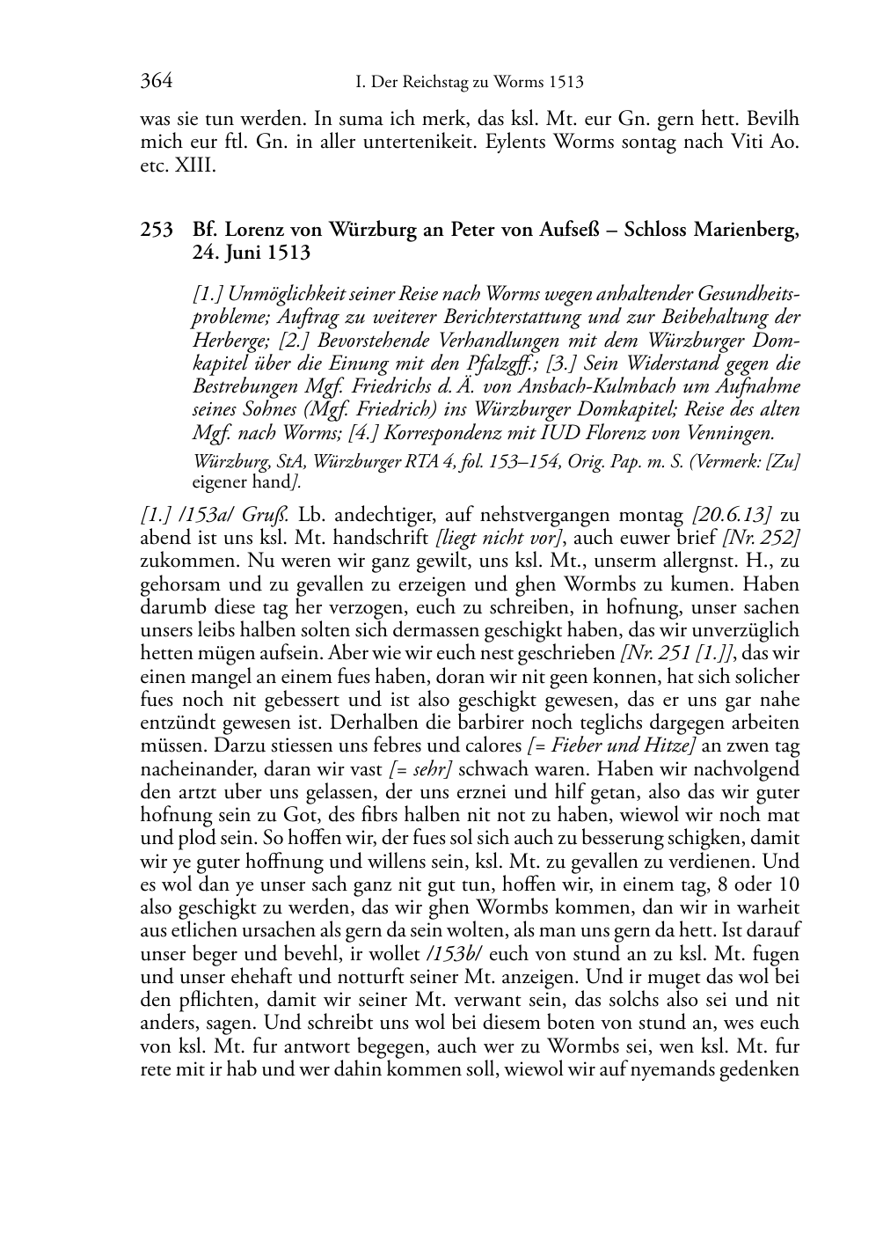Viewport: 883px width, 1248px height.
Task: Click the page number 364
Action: click(x=156, y=82)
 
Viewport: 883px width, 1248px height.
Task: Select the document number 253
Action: click(x=156, y=231)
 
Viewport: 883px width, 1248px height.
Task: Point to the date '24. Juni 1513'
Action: click(x=252, y=253)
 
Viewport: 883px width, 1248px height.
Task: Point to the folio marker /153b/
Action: click(x=453, y=954)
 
